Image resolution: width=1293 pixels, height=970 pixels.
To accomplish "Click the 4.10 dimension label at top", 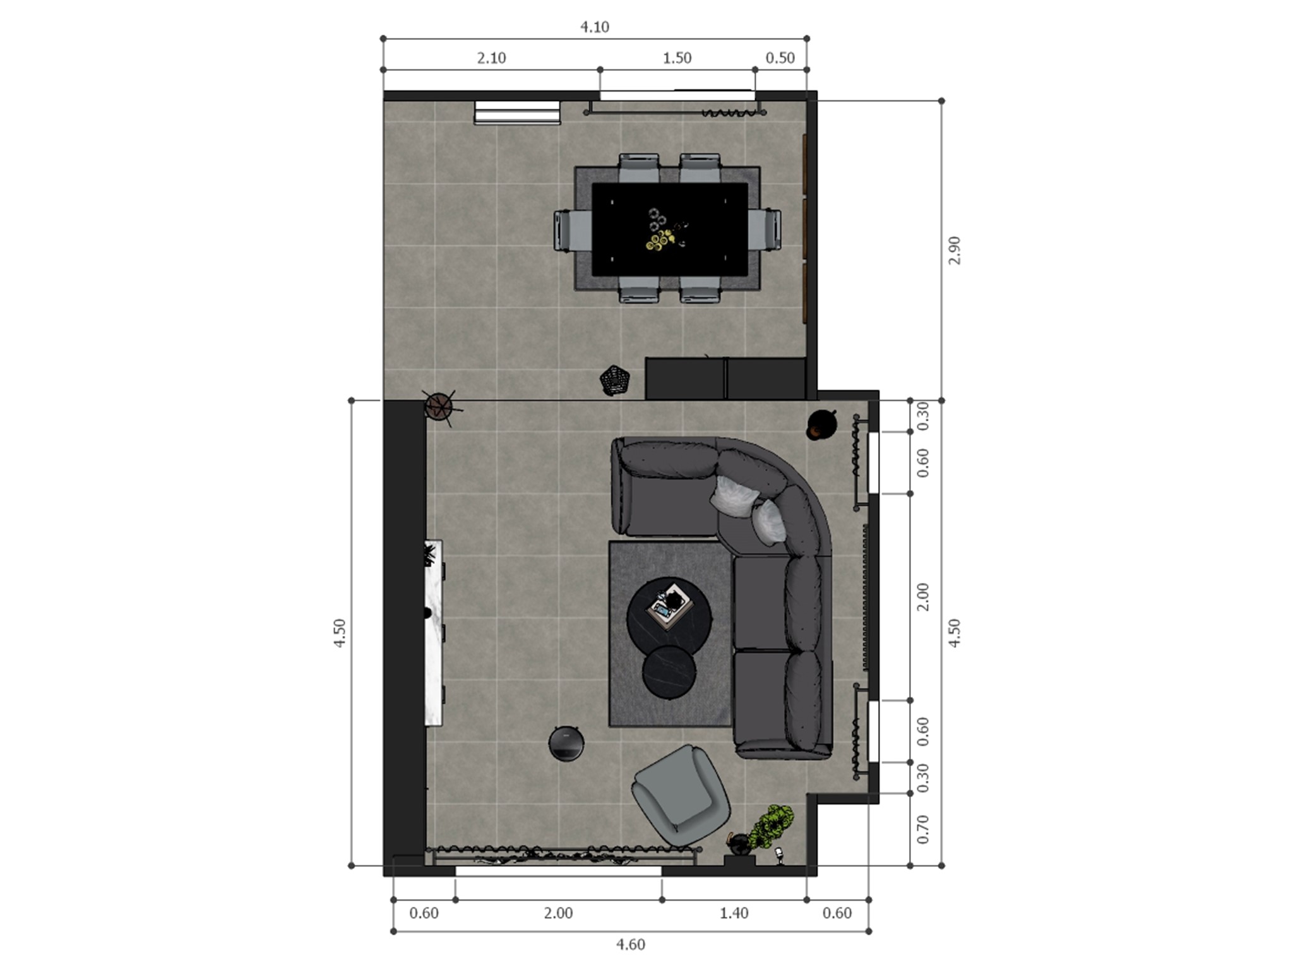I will tap(594, 27).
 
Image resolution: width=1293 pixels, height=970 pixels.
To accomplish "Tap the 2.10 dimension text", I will tap(491, 58).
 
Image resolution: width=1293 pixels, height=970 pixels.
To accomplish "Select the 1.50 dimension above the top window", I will tap(677, 58).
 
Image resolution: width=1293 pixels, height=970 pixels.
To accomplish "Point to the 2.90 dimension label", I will tap(955, 250).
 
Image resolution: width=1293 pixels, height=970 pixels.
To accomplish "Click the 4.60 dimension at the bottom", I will tap(630, 945).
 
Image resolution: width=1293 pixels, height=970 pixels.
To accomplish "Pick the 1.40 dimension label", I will tap(734, 913).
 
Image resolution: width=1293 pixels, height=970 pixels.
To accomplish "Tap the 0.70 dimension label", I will tap(923, 829).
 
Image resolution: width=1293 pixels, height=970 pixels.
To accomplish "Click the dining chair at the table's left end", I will tap(571, 231).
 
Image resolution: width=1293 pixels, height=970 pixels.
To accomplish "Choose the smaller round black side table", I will tap(669, 672).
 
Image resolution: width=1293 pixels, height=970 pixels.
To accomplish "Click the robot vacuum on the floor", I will tap(566, 743).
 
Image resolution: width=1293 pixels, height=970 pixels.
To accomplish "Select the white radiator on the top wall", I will tap(517, 112).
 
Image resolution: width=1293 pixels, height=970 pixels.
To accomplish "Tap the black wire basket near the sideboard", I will tap(614, 380).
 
